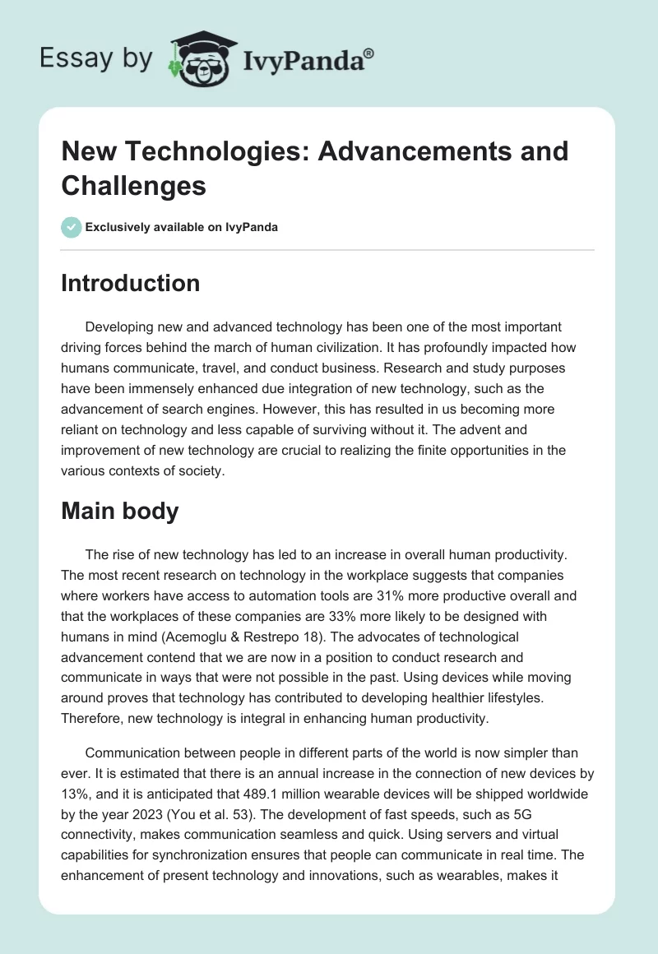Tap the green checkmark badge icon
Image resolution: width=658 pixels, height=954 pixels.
tap(72, 227)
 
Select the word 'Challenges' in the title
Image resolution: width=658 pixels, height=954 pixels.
tap(133, 186)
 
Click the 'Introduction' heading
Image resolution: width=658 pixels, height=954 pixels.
tap(131, 283)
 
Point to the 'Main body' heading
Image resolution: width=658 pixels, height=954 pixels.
tap(120, 511)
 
